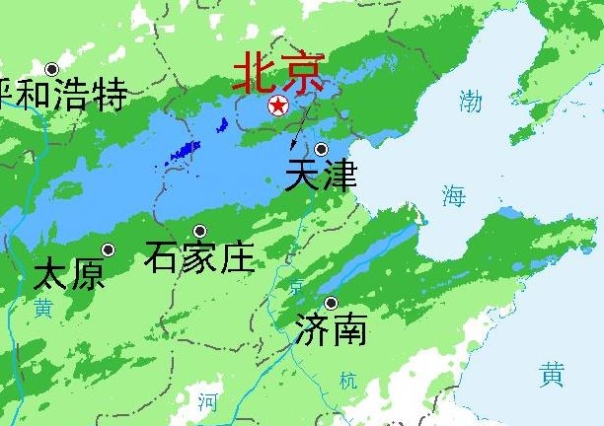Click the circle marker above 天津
click(321, 149)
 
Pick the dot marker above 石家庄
click(199, 232)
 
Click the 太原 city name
click(69, 274)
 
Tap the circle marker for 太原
click(109, 249)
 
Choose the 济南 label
click(331, 328)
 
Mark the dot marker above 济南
click(331, 303)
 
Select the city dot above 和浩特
click(51, 68)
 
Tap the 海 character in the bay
click(453, 195)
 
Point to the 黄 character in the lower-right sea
click(553, 375)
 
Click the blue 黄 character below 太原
click(42, 308)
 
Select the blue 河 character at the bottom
click(206, 400)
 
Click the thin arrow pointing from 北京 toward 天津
click(305, 123)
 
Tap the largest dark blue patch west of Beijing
click(184, 152)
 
